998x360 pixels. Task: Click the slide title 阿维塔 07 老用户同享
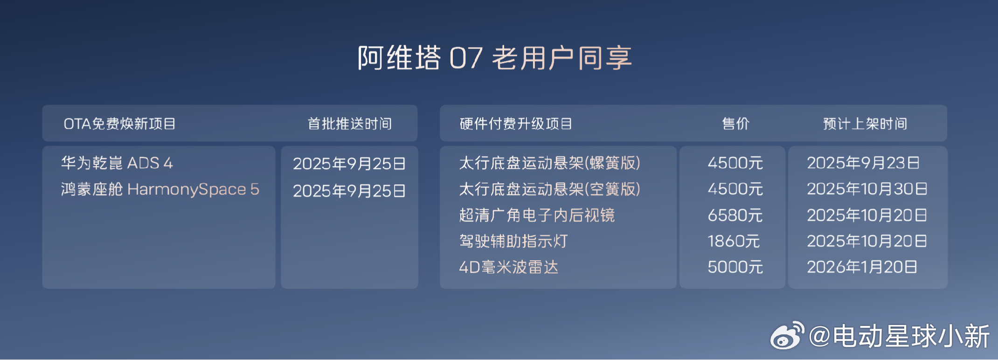point(495,58)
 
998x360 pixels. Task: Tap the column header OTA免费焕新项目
point(120,124)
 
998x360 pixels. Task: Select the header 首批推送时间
point(350,124)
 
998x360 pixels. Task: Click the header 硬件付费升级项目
point(516,124)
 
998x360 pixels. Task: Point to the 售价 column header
point(735,124)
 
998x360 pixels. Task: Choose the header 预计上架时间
point(865,124)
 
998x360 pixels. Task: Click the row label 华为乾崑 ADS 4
point(117,163)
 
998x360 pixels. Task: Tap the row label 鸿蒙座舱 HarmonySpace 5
point(160,189)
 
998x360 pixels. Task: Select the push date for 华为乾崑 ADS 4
point(349,164)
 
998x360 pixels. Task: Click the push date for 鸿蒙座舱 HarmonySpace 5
point(349,191)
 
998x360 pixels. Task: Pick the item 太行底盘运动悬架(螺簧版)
point(550,163)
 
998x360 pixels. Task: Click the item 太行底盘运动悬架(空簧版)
point(550,189)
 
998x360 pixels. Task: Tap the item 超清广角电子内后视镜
point(537,215)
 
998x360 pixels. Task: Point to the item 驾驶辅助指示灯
point(513,241)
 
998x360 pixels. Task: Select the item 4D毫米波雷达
point(509,267)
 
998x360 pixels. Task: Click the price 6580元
point(735,215)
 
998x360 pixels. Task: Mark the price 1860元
point(734,241)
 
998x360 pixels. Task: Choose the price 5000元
point(735,267)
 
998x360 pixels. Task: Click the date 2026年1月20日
point(862,267)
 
